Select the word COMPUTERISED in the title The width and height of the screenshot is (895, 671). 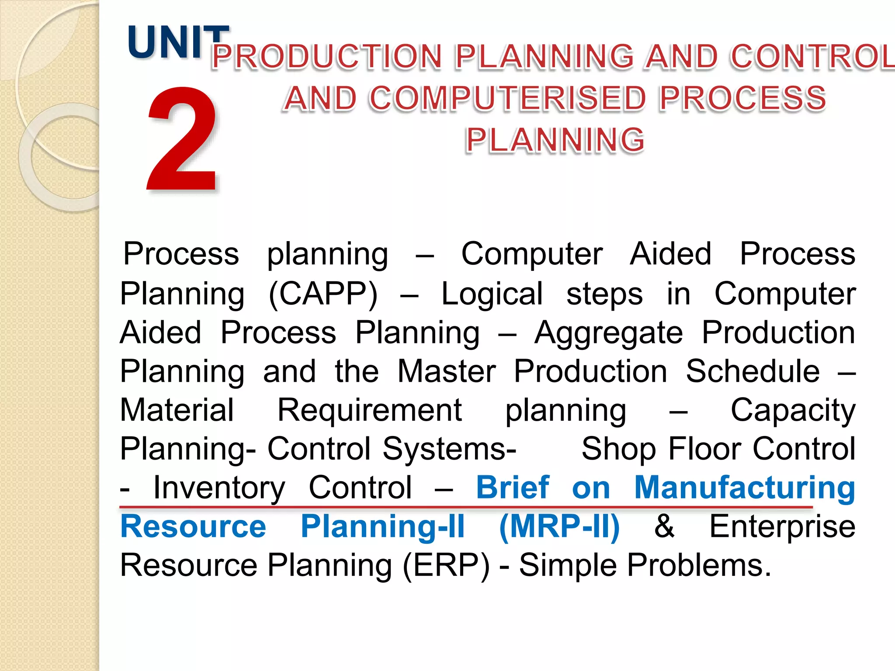click(507, 98)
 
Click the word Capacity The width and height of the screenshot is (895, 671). click(793, 411)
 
